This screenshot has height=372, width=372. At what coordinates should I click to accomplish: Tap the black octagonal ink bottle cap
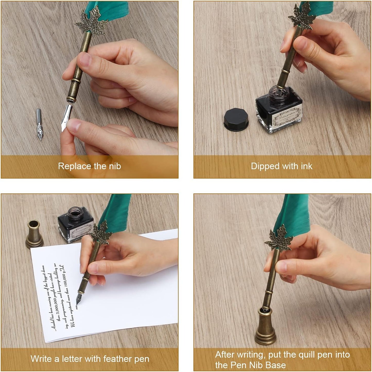tap(236, 119)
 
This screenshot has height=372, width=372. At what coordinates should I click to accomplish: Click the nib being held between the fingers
tap(67, 116)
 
